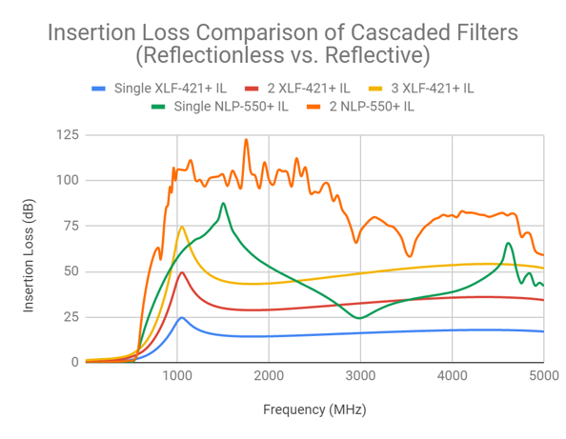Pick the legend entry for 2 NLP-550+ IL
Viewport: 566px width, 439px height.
coord(367,106)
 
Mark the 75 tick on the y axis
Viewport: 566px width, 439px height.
coord(70,227)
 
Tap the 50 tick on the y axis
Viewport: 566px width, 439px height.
coord(70,272)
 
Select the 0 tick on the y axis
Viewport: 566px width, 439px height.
coord(73,363)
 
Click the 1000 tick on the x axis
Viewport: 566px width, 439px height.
coord(177,375)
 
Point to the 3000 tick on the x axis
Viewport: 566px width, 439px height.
coord(360,375)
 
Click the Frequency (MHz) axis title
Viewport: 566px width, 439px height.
coord(313,409)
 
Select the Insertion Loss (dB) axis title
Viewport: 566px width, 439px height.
coord(30,249)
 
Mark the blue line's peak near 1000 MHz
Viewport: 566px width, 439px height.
coord(181,317)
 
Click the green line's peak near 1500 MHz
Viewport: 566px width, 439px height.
coord(223,203)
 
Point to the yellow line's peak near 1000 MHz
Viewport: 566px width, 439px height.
coord(181,227)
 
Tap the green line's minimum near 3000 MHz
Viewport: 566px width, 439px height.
coord(359,318)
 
